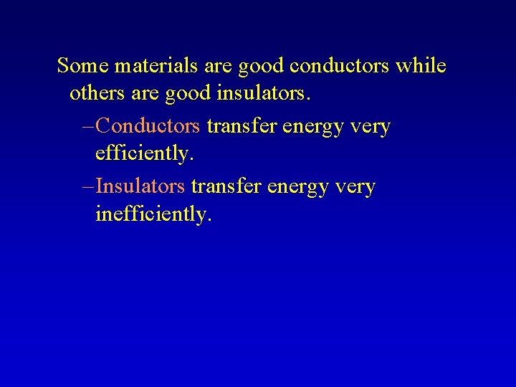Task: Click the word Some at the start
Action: pos(80,66)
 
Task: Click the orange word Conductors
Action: pos(147,126)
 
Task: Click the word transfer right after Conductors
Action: pos(242,126)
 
